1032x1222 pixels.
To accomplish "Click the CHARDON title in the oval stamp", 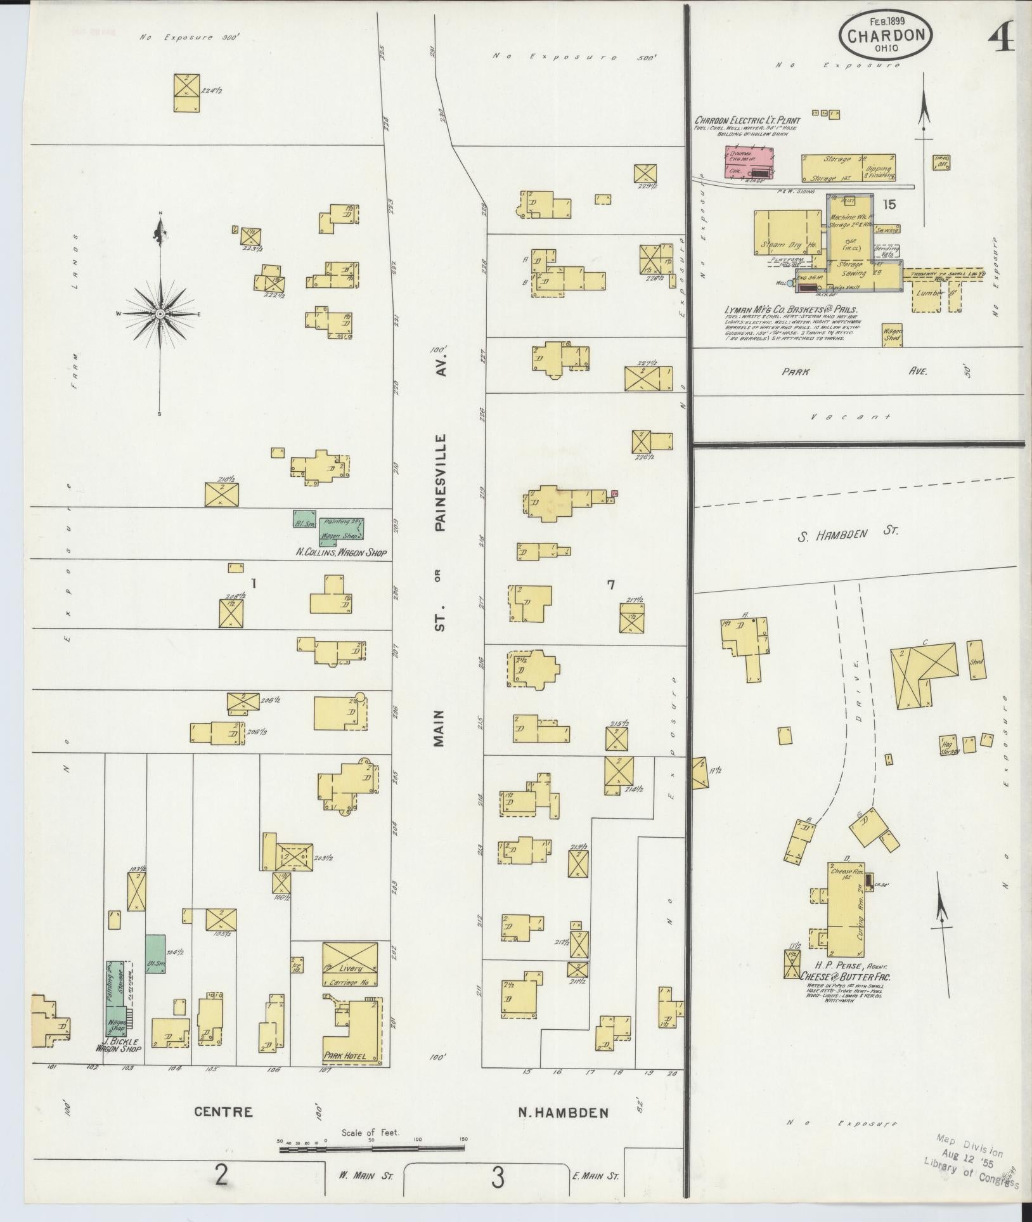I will click(886, 36).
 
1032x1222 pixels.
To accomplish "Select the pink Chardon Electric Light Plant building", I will click(750, 161).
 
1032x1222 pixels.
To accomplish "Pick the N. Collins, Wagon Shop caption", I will click(341, 552).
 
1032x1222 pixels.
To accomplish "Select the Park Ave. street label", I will click(856, 372).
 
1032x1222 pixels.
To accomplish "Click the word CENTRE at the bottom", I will click(223, 1129).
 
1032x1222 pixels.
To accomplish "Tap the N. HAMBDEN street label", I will click(564, 1129).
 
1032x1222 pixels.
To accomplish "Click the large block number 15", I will click(889, 204).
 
